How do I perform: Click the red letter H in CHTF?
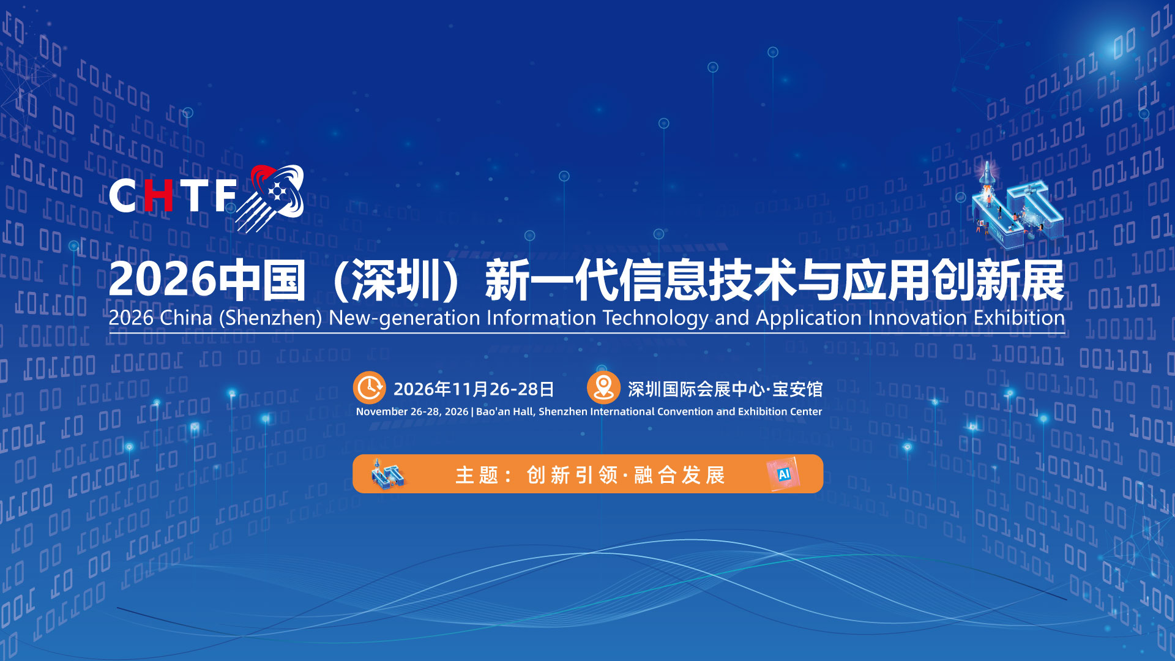pyautogui.click(x=159, y=196)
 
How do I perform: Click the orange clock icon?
pyautogui.click(x=369, y=388)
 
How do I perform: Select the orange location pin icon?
pyautogui.click(x=603, y=388)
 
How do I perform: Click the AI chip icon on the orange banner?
pyautogui.click(x=783, y=474)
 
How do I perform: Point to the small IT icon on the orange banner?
pyautogui.click(x=388, y=474)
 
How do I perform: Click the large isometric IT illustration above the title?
pyautogui.click(x=1016, y=206)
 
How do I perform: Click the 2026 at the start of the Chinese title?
pyautogui.click(x=163, y=280)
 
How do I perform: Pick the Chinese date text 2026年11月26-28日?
pyautogui.click(x=474, y=389)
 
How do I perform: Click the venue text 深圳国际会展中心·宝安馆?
pyautogui.click(x=725, y=389)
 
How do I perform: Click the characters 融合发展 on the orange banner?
pyautogui.click(x=679, y=475)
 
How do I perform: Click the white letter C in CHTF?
pyautogui.click(x=123, y=196)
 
